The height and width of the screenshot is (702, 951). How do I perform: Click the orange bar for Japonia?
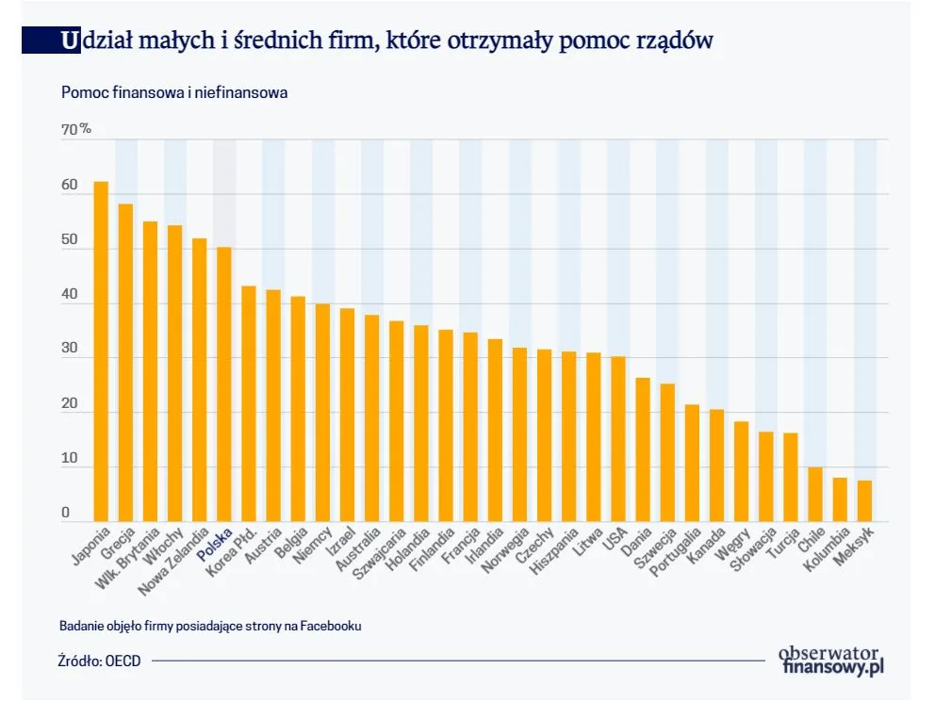[x=101, y=351]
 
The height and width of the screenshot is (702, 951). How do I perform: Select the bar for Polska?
[x=224, y=384]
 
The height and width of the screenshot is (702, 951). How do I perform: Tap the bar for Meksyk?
[x=864, y=500]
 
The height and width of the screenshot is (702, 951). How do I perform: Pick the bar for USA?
[x=618, y=439]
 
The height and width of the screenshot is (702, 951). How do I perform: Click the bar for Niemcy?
[x=322, y=412]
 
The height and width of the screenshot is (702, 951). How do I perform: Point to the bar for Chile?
[x=815, y=494]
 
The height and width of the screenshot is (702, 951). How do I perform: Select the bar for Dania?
[x=643, y=449]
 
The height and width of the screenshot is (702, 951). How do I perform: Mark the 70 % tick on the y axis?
[x=76, y=129]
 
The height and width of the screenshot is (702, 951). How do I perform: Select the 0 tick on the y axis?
[x=66, y=513]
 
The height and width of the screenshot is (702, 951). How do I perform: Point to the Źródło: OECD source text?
[x=99, y=661]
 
